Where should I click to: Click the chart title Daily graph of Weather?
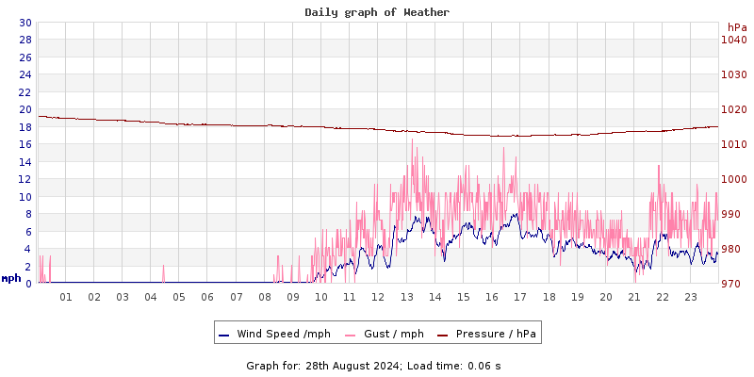tap(377, 12)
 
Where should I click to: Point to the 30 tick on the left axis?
tap(25, 23)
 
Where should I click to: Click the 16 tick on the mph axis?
tap(25, 144)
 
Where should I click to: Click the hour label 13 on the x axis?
tap(406, 298)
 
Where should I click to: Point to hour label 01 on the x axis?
tap(66, 298)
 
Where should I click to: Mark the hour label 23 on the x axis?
tap(690, 298)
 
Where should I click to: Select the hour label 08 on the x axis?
tap(265, 298)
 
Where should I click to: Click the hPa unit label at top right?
tap(736, 26)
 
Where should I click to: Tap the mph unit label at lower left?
tap(11, 278)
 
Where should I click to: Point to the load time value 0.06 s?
tap(484, 365)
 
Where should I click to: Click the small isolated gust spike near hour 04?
tap(163, 273)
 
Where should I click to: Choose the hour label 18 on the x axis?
tap(549, 298)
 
